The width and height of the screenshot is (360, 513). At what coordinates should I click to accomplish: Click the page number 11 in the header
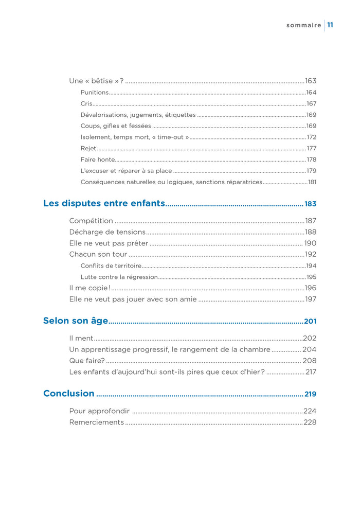(331, 25)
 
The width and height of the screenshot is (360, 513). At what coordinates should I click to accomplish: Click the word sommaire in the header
(303, 25)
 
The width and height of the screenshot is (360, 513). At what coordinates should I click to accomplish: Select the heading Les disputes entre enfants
(104, 203)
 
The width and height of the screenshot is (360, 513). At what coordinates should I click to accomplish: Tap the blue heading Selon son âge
(76, 321)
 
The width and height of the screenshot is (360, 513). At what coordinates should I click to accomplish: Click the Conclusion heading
(69, 394)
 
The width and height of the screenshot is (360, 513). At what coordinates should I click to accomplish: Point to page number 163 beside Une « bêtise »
(310, 81)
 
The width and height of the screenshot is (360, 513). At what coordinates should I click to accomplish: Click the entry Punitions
(95, 93)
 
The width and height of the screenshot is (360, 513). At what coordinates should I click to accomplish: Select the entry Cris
(86, 104)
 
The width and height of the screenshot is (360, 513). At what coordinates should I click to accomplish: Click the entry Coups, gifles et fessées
(116, 126)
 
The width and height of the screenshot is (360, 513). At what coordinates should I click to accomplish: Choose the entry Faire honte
(98, 160)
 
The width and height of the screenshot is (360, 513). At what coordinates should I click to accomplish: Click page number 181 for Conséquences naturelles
(312, 182)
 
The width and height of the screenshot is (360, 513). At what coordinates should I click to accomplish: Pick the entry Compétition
(91, 221)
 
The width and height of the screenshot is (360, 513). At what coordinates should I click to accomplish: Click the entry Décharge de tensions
(107, 232)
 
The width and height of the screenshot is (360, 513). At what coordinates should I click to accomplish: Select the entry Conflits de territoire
(111, 266)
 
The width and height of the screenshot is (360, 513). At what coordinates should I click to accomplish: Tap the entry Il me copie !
(89, 288)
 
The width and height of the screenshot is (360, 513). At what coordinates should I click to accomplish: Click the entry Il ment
(81, 338)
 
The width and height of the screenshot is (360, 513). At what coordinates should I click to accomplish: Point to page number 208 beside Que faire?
(309, 361)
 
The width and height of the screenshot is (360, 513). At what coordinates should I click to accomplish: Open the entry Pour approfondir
(99, 411)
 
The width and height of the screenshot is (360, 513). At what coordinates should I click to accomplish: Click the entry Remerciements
(97, 422)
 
